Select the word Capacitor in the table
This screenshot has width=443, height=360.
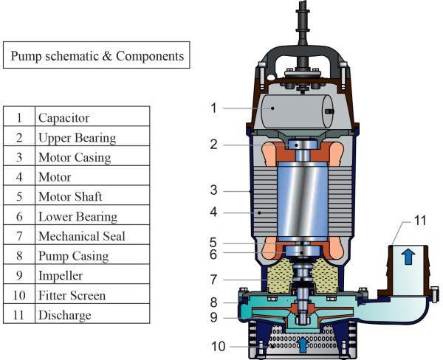coord(64,117)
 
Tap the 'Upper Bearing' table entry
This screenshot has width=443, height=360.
coord(77,137)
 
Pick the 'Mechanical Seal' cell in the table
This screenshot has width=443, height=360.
coord(81,236)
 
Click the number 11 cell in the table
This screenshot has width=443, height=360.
coord(19,316)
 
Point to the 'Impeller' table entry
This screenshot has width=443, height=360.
coord(61,276)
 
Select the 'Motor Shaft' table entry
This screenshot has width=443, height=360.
coord(70,197)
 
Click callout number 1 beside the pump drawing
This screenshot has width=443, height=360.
coord(213,108)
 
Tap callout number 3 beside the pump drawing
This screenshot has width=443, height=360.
coord(213,191)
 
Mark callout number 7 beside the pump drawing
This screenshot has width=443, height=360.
coord(213,280)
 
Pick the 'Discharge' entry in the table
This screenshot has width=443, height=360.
coord(65,316)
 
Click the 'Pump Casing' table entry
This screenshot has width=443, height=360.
coord(73,256)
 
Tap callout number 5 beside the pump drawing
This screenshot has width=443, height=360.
coord(213,243)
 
